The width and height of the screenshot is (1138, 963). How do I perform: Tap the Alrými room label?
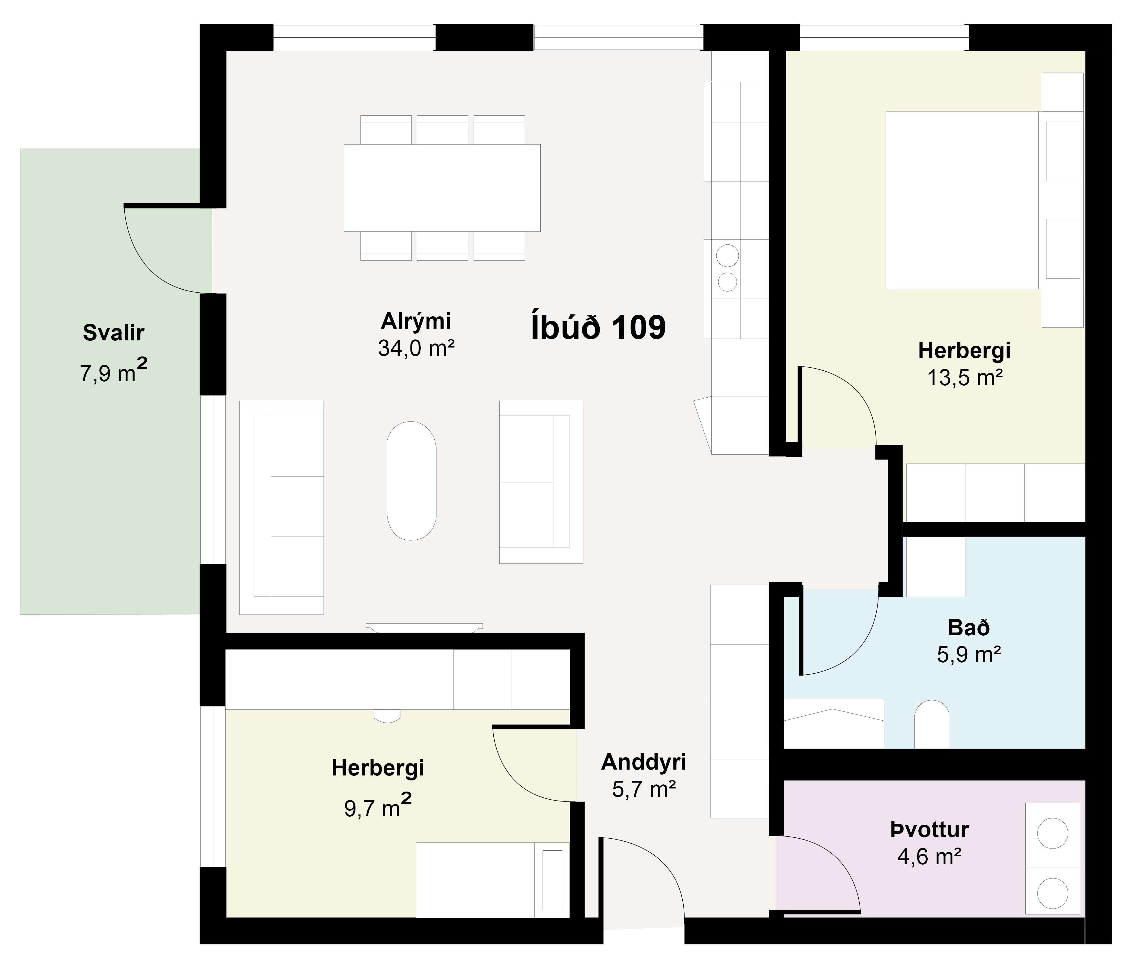(x=416, y=321)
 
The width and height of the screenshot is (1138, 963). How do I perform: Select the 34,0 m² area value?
(x=416, y=348)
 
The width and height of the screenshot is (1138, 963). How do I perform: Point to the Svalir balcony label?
(x=114, y=332)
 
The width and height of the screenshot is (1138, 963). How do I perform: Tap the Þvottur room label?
(x=930, y=830)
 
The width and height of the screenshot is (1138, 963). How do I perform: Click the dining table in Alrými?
(x=442, y=188)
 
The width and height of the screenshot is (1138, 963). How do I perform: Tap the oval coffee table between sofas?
(x=411, y=481)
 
